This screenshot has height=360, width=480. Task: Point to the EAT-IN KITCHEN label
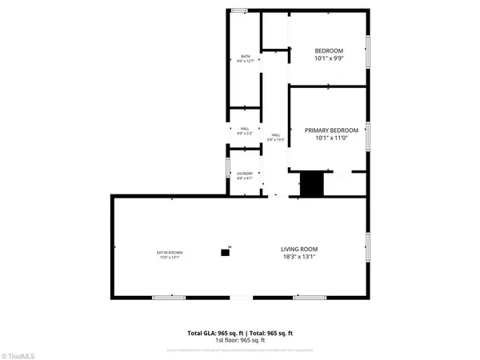pos(168,253)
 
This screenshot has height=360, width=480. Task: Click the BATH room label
pos(246,56)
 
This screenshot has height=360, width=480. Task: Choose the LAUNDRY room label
pos(245,174)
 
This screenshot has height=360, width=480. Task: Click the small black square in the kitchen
pos(225,253)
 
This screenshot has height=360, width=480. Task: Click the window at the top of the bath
pos(239,10)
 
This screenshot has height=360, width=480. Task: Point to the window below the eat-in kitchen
pos(169,298)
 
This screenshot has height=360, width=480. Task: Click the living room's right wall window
pos(367,246)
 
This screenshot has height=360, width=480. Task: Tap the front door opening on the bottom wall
pos(240,298)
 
